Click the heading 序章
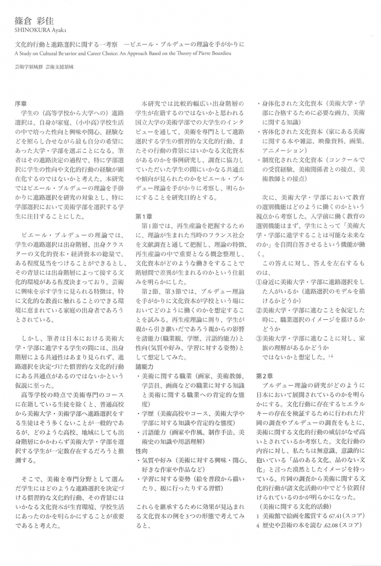[20, 103]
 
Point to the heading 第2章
[264, 376]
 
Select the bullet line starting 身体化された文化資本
[313, 103]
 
